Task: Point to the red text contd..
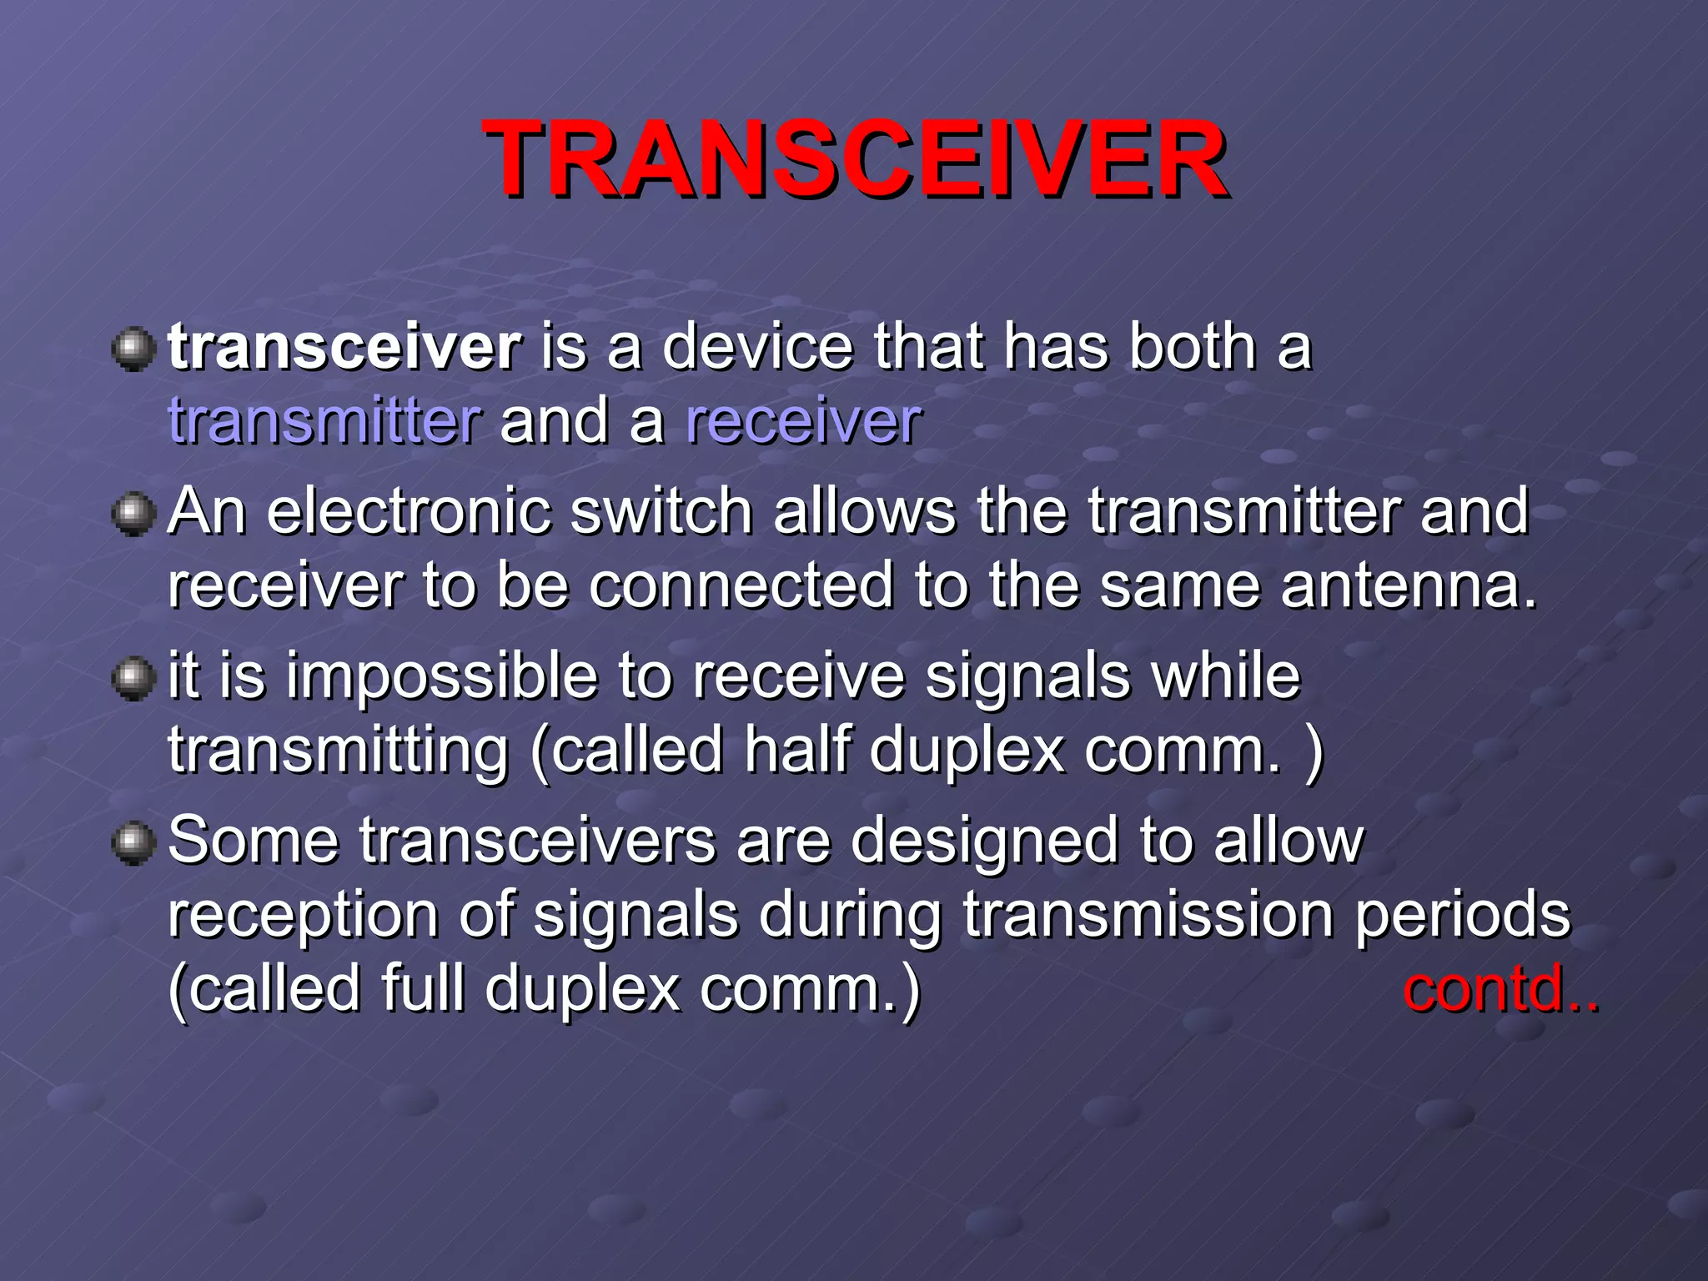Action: click(x=1500, y=989)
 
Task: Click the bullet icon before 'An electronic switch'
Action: click(x=133, y=513)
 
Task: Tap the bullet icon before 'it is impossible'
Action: click(x=133, y=677)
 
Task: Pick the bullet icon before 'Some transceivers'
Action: click(x=133, y=842)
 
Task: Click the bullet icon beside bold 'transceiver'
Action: click(x=133, y=349)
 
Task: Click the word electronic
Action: click(x=409, y=510)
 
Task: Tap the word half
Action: click(x=796, y=749)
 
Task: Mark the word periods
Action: click(x=1462, y=916)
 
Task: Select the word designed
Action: click(x=984, y=841)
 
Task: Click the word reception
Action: click(x=303, y=916)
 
